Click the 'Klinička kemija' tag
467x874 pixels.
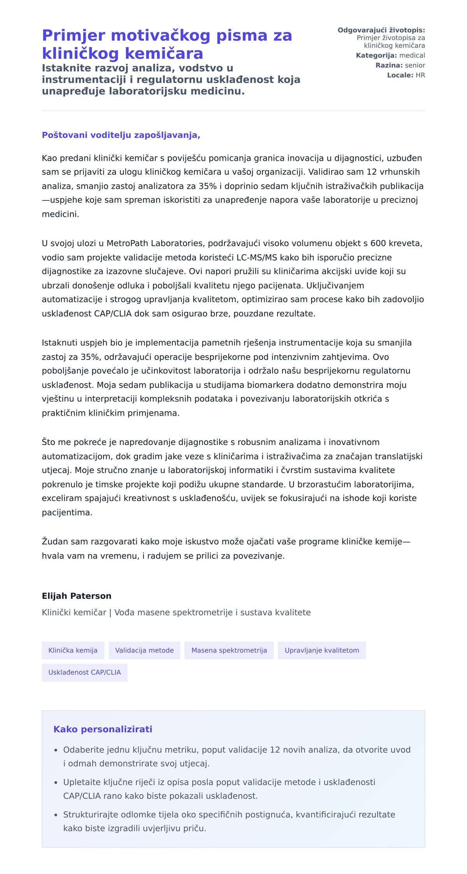73,650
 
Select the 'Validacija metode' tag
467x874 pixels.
144,650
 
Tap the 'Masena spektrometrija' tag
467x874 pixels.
229,650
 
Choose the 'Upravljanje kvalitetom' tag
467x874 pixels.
321,650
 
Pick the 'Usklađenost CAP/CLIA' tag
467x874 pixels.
84,672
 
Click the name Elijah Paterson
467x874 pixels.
76,596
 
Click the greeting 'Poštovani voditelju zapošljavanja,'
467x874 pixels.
121,135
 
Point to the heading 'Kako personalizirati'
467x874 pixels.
103,729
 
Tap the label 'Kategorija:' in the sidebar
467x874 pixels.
376,56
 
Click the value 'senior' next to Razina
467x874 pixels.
415,65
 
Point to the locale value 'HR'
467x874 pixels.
420,75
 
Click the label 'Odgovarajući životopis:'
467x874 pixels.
381,30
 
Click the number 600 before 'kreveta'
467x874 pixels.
378,244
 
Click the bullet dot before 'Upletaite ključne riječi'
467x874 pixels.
56,783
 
